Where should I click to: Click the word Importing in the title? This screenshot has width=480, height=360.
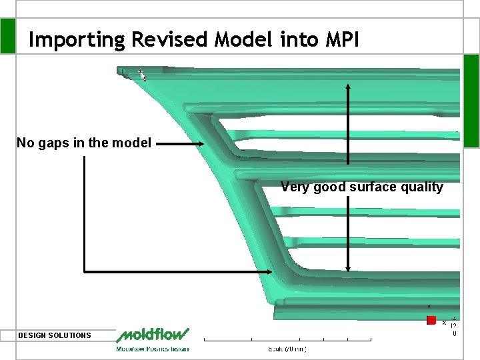tap(77, 40)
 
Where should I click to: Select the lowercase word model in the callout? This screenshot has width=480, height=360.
tap(134, 143)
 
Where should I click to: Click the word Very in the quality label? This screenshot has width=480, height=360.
tap(295, 187)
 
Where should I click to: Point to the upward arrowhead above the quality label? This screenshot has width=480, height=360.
tap(347, 87)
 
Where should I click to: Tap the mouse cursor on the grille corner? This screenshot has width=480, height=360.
tap(142, 74)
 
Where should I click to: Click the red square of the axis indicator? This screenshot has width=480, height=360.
tap(431, 321)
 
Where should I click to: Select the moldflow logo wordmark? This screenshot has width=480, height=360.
tap(152, 335)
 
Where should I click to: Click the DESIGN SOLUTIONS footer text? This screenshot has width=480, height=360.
tap(55, 335)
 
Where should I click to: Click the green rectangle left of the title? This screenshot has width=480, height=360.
tap(7, 35)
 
